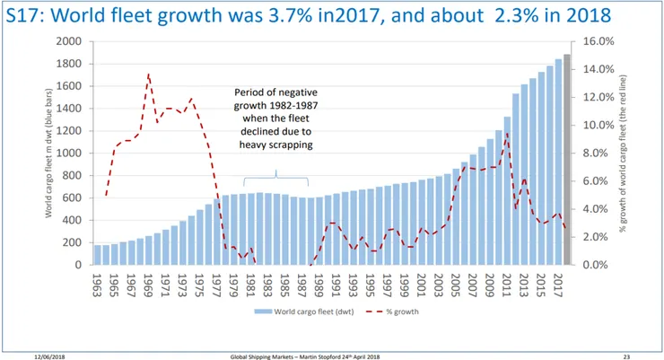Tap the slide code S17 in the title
pyautogui.click(x=22, y=16)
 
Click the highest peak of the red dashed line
pyautogui.click(x=149, y=75)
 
